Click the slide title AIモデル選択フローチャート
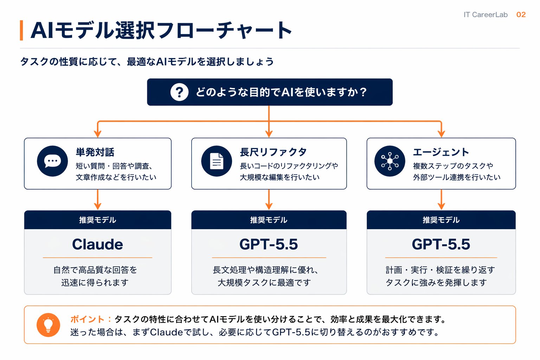(x=161, y=30)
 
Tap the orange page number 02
(x=521, y=15)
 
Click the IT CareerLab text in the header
(x=485, y=15)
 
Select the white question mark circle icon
(x=179, y=92)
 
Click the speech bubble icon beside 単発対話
(x=52, y=161)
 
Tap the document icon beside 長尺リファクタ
(x=217, y=161)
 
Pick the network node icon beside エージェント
(x=390, y=161)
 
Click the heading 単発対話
(x=95, y=152)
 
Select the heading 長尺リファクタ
(x=273, y=152)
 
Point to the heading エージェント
(x=441, y=152)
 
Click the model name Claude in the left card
(x=97, y=244)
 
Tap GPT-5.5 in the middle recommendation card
(x=269, y=244)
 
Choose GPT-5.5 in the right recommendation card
(x=441, y=244)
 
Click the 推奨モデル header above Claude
(x=97, y=220)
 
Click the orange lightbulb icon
(x=48, y=325)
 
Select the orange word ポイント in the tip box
(x=87, y=319)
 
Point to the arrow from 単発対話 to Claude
(x=98, y=200)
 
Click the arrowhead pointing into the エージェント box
(x=441, y=134)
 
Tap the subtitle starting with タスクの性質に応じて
(x=147, y=62)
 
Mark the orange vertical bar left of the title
(x=21, y=30)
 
